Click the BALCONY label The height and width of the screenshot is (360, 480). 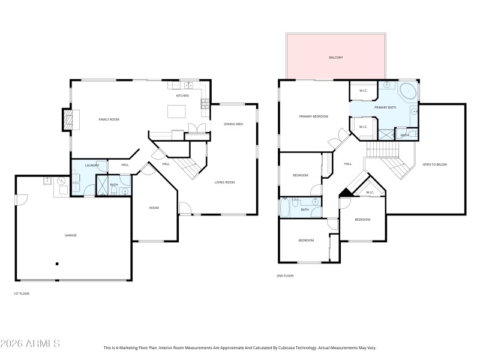[335, 58]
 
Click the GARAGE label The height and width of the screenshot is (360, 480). [71, 235]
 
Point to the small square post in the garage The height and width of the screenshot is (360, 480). [57, 263]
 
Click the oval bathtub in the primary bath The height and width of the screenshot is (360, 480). [408, 91]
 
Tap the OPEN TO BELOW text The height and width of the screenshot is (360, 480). [434, 164]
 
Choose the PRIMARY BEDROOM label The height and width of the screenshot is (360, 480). [313, 116]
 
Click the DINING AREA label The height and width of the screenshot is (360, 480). [233, 124]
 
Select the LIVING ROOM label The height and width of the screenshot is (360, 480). [224, 182]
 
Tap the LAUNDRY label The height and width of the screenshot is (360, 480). [92, 165]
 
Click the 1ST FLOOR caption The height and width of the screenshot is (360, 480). [21, 293]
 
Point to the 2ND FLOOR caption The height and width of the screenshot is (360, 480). [285, 275]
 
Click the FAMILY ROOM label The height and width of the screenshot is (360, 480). [109, 119]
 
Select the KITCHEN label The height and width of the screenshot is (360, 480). [182, 95]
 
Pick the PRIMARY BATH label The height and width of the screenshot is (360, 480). [385, 107]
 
